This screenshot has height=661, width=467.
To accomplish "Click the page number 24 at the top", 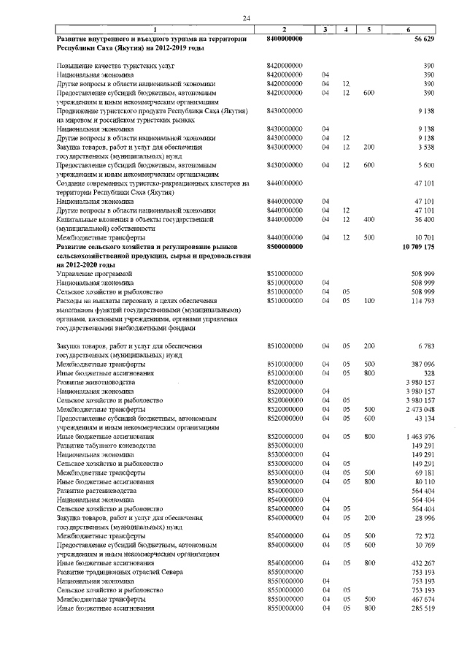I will (247, 18).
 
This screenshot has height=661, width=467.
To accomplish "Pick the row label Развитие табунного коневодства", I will (107, 445).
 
